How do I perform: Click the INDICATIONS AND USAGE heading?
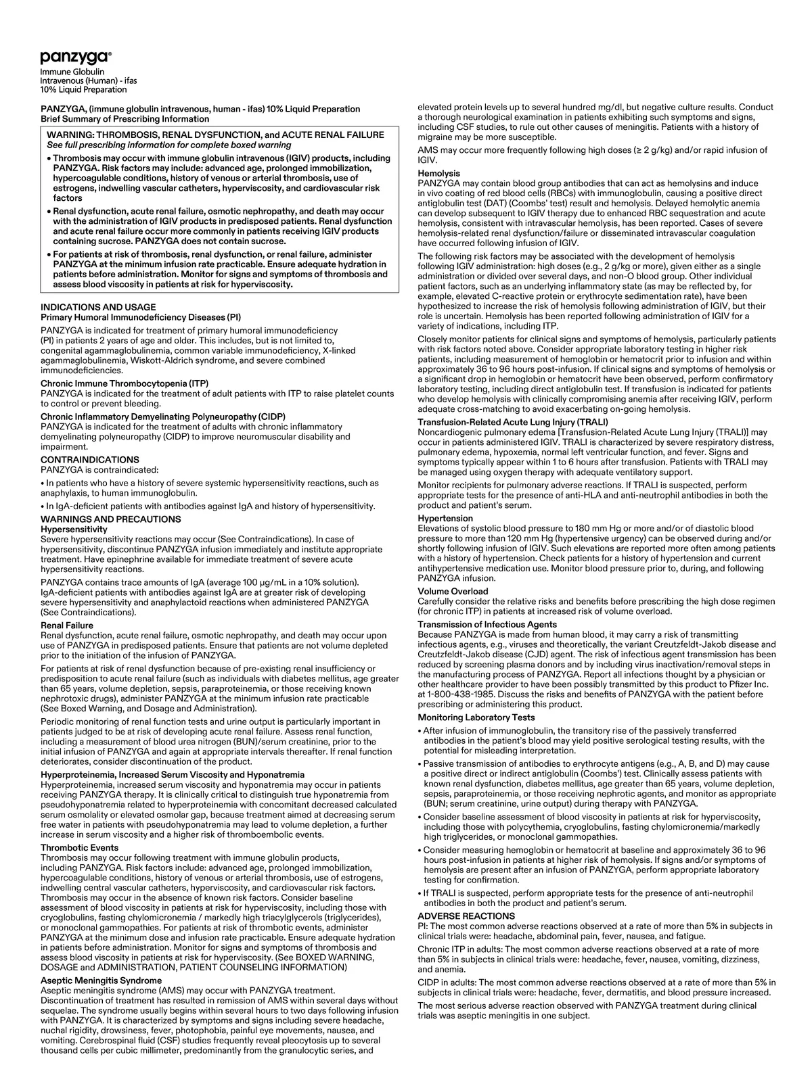(98, 307)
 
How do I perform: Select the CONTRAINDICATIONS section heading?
(90, 460)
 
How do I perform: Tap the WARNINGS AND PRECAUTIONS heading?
(111, 519)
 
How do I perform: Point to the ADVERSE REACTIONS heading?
(466, 916)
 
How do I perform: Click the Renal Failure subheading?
(67, 625)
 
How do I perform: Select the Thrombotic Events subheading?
(79, 847)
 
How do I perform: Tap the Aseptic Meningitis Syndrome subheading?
(102, 981)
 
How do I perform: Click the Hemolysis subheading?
(439, 174)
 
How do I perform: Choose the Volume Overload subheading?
(453, 591)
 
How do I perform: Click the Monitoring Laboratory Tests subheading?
(476, 717)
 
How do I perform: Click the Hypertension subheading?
(445, 519)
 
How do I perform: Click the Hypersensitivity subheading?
(74, 529)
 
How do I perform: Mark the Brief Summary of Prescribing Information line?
(125, 119)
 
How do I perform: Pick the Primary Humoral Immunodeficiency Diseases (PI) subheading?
(141, 317)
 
